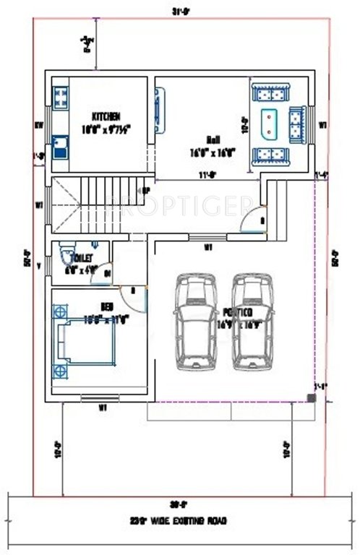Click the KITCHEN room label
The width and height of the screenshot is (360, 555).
106,116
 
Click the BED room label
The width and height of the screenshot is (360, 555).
106,306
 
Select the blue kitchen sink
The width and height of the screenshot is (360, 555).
59,151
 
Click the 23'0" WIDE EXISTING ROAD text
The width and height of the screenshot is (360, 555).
179,520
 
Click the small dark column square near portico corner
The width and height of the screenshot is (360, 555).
310,397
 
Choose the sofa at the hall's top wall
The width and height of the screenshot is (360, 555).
270,92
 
